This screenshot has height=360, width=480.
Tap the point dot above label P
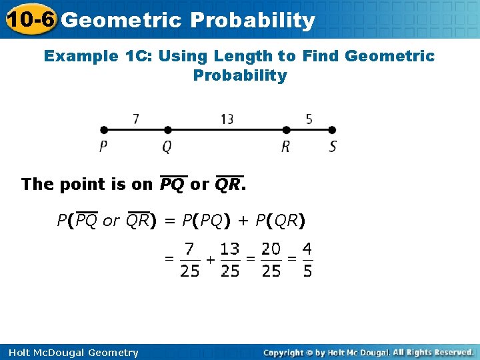click(x=103, y=130)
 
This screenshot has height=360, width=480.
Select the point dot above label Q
click(x=167, y=130)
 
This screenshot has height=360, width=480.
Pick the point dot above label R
click(x=286, y=130)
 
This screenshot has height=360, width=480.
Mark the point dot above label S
click(x=333, y=130)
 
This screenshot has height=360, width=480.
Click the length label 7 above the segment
click(x=135, y=119)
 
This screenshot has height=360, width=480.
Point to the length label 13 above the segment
click(x=227, y=119)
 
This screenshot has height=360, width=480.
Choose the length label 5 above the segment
click(x=309, y=119)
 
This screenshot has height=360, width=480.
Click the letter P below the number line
click(x=103, y=146)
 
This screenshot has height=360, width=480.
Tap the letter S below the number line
click(x=333, y=146)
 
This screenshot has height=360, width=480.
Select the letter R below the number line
click(x=286, y=146)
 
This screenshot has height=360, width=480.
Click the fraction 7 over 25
click(x=190, y=260)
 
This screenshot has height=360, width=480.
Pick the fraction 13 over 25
click(x=229, y=260)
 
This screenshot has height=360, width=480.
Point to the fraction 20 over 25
click(x=271, y=260)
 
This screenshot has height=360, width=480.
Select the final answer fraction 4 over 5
click(x=307, y=260)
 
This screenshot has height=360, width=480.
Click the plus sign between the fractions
click(x=210, y=260)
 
